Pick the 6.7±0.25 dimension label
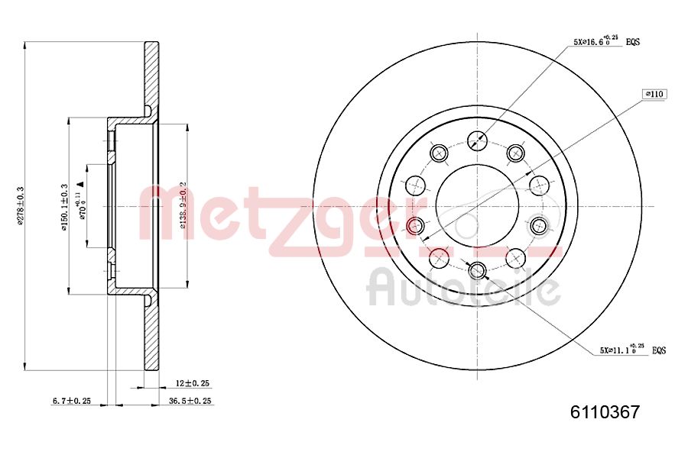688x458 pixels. (x=71, y=401)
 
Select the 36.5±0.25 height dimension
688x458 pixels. (x=190, y=401)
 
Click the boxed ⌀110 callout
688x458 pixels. (x=654, y=94)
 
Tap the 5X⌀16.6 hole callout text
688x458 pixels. (x=596, y=41)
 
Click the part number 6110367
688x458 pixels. (x=605, y=413)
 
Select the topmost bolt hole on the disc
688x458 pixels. (x=477, y=140)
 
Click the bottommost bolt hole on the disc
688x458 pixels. (x=478, y=269)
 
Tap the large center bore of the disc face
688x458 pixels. (x=477, y=205)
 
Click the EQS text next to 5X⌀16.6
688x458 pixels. (x=633, y=42)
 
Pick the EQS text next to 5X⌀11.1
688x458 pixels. (x=658, y=350)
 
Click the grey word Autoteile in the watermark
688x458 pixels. (x=463, y=289)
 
